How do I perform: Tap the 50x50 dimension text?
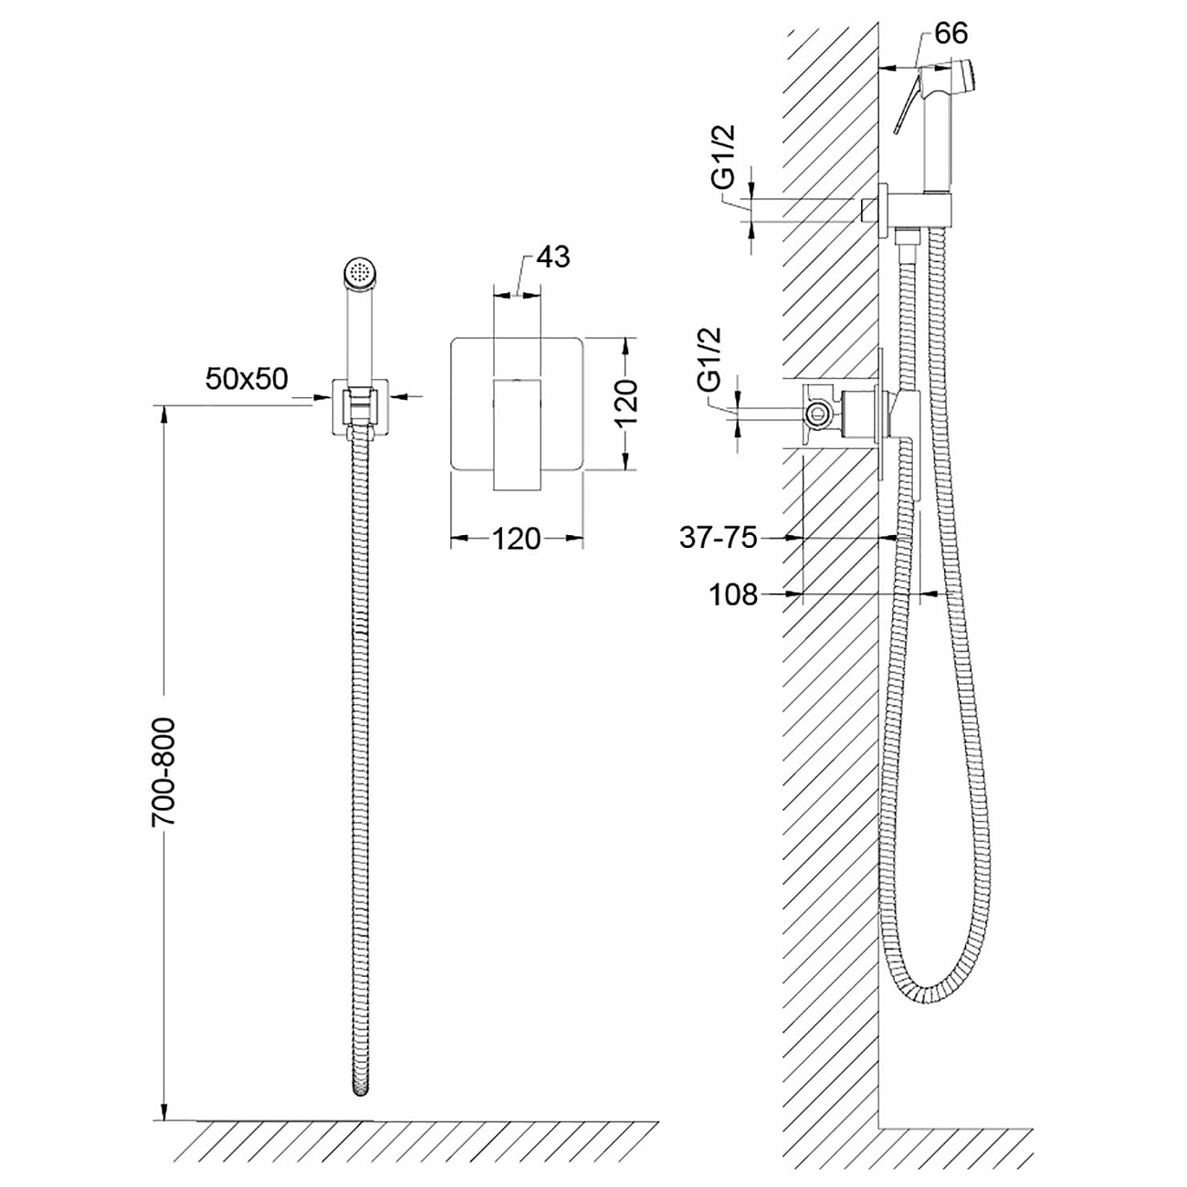(x=247, y=379)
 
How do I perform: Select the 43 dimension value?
(x=553, y=257)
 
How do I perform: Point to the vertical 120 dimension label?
(x=625, y=404)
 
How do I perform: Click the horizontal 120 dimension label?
(x=516, y=539)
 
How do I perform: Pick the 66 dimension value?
(x=951, y=33)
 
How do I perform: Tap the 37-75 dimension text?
(x=719, y=538)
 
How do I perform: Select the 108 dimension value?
(x=733, y=595)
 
